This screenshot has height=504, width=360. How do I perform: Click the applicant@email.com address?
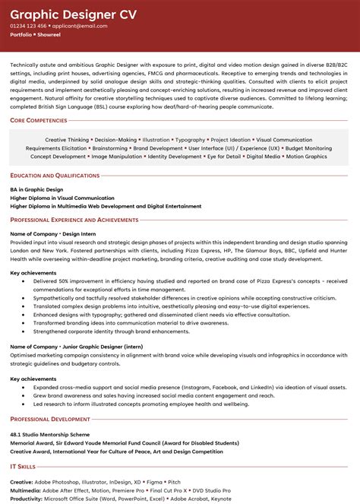(x=80, y=26)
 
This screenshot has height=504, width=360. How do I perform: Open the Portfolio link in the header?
(x=21, y=35)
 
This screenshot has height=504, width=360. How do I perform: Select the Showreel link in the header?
(x=51, y=35)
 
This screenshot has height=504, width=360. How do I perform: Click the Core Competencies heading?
(x=38, y=120)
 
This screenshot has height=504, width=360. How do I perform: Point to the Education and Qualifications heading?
(x=55, y=176)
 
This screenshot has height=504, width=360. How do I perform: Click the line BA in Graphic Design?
(x=37, y=188)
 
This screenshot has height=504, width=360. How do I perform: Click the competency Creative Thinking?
(x=67, y=140)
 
